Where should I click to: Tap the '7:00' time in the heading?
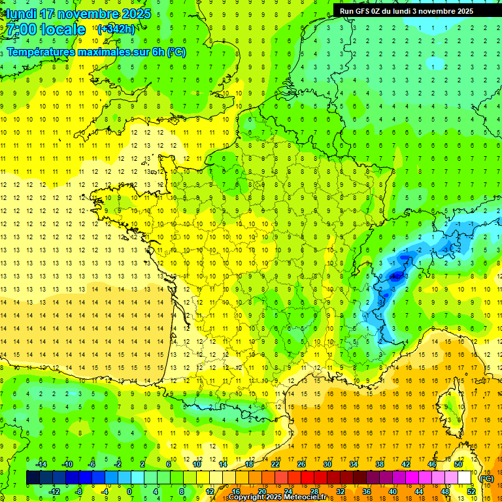(x=22, y=29)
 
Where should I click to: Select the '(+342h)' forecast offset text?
(x=116, y=29)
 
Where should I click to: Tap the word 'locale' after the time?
(x=63, y=29)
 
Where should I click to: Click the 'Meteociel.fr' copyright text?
(x=301, y=497)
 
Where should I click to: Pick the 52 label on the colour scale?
(x=471, y=491)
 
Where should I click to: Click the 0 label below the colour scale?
(x=129, y=491)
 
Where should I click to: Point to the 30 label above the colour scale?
(x=327, y=464)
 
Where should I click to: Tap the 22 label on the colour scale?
(x=275, y=464)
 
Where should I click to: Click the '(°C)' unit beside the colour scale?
(x=486, y=478)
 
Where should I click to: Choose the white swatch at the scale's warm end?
(x=465, y=478)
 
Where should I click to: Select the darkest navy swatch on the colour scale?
(x=33, y=478)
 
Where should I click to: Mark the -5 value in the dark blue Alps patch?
(x=394, y=276)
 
